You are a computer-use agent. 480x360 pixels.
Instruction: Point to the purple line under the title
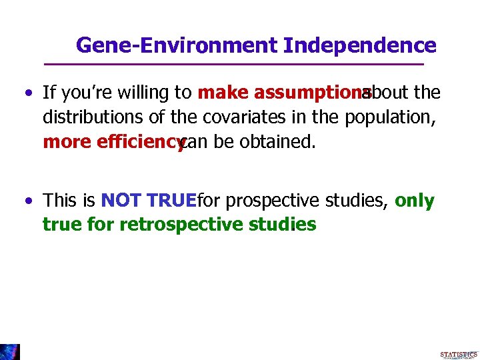point(233,64)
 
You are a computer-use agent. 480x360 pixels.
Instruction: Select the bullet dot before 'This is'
point(27,201)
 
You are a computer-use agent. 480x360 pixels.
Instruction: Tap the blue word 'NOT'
point(121,201)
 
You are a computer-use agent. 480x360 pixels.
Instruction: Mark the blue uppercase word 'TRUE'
point(171,201)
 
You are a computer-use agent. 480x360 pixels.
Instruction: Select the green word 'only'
point(414,201)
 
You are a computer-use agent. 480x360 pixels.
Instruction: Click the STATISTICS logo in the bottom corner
point(458,354)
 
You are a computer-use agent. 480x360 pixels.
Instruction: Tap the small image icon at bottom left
point(10,351)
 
